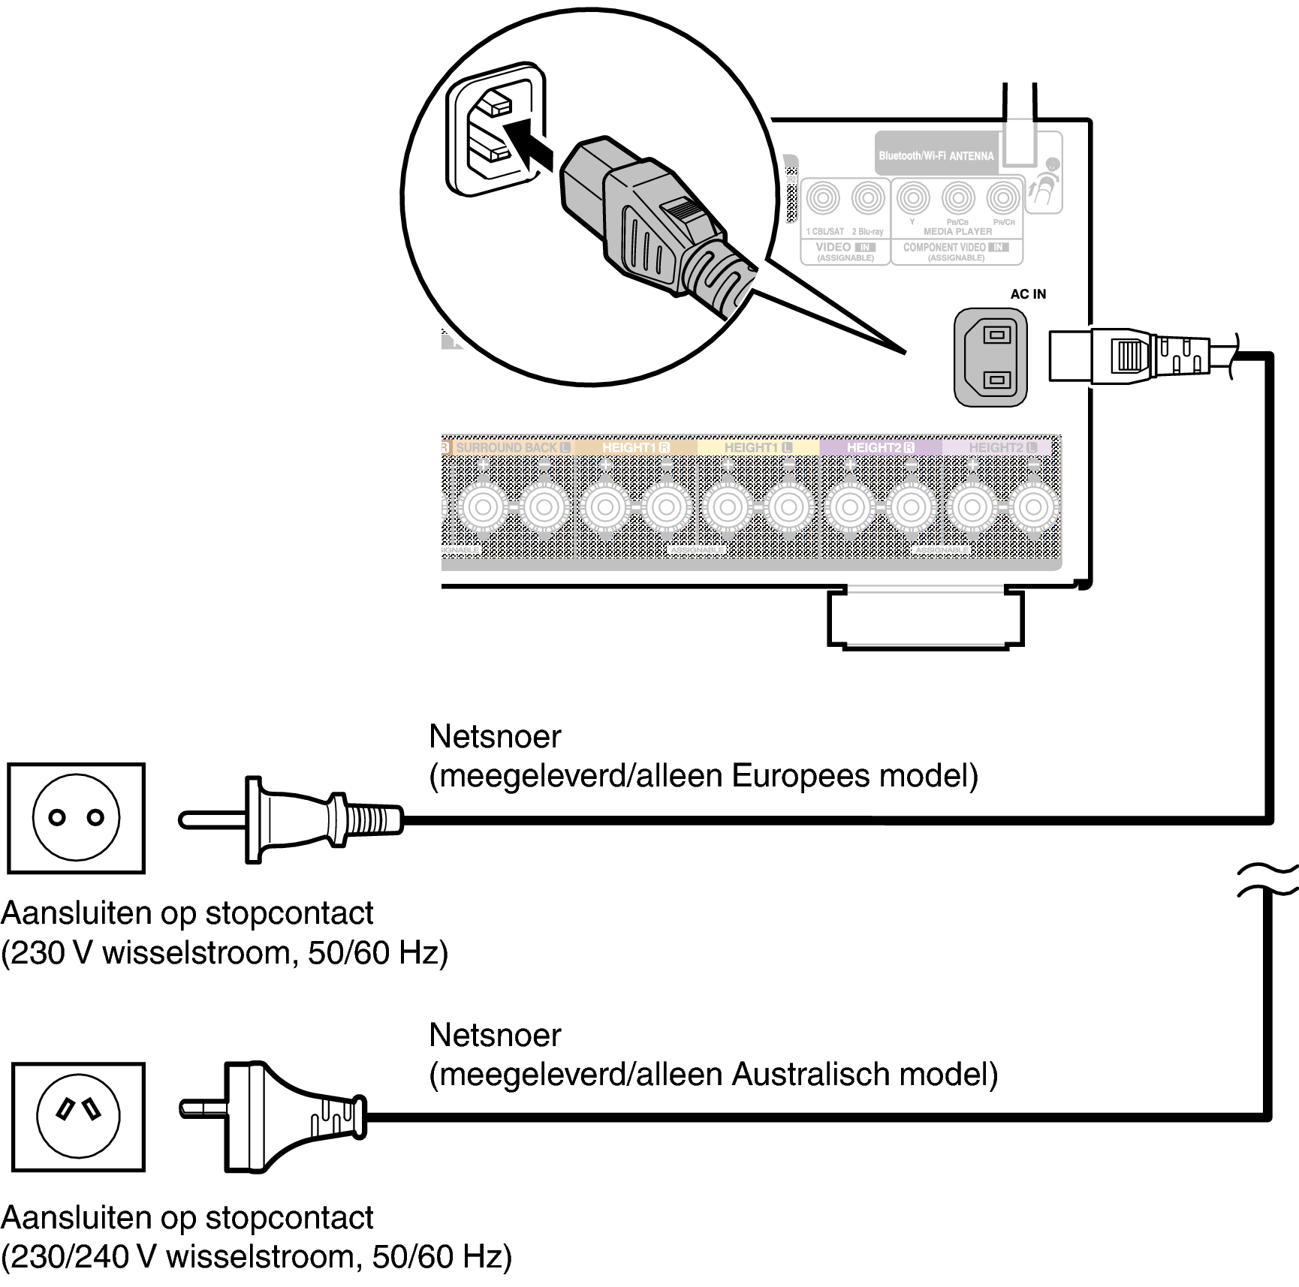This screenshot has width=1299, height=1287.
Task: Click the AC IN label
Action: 1027,294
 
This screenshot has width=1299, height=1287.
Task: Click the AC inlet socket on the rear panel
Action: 990,357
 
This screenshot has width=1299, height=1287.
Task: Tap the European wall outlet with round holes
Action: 76,818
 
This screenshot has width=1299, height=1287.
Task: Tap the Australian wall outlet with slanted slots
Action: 78,1117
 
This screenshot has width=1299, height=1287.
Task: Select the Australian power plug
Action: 274,1117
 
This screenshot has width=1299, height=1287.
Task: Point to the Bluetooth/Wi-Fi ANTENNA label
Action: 936,156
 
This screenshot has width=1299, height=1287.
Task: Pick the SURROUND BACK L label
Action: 513,447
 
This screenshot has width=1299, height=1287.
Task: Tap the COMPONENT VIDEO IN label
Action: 955,247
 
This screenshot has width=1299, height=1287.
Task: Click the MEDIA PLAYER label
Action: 957,232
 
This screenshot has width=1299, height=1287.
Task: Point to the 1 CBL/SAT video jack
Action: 824,199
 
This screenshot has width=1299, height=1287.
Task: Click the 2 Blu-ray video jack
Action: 868,199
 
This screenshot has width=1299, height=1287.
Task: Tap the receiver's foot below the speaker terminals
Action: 924,618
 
